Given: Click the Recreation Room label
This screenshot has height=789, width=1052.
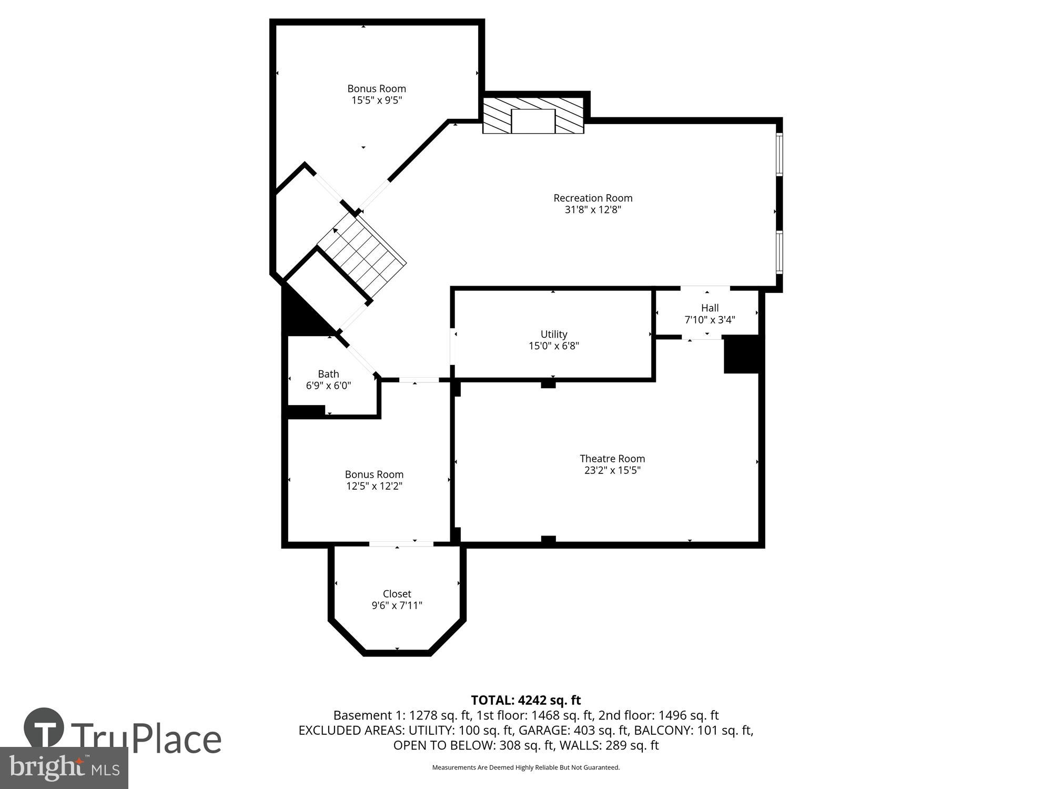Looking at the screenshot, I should pyautogui.click(x=592, y=198).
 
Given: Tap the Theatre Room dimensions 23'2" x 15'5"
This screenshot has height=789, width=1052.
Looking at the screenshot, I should pyautogui.click(x=612, y=470).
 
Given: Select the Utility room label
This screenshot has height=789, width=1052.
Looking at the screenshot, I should pyautogui.click(x=554, y=335).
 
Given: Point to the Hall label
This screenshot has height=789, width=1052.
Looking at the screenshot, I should pyautogui.click(x=710, y=308).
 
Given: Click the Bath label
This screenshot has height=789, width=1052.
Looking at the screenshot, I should pyautogui.click(x=328, y=374).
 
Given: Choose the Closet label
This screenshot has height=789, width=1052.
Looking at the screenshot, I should pyautogui.click(x=397, y=594).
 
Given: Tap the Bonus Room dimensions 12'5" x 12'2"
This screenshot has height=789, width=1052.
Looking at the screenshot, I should pyautogui.click(x=374, y=486).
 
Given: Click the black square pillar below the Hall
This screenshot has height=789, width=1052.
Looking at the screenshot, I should pyautogui.click(x=741, y=355).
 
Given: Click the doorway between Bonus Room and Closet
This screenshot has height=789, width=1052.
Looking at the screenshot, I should pyautogui.click(x=401, y=544).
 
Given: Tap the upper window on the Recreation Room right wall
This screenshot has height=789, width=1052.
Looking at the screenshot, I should pyautogui.click(x=780, y=153).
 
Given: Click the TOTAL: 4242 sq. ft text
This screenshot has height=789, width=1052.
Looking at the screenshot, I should pyautogui.click(x=525, y=700).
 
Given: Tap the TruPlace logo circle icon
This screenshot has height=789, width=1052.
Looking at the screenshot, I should pyautogui.click(x=44, y=728).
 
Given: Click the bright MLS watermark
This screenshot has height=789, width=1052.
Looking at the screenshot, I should pyautogui.click(x=64, y=767).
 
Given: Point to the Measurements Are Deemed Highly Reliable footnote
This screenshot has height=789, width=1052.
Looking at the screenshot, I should pyautogui.click(x=525, y=767).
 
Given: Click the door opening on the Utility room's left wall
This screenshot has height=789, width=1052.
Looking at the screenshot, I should pyautogui.click(x=452, y=346).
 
